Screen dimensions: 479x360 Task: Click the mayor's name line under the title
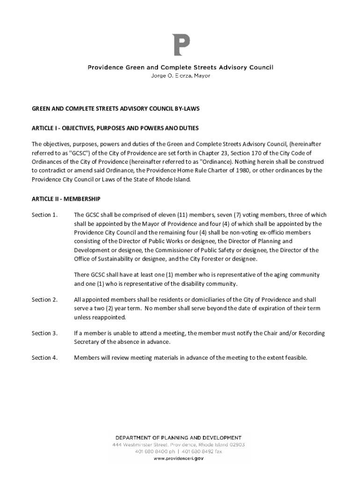pos(180,76)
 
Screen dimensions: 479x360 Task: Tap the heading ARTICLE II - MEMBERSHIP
pos(66,199)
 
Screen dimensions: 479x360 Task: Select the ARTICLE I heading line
pos(115,128)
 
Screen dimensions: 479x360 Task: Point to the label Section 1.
pos(44,215)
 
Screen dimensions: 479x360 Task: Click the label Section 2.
pos(44,299)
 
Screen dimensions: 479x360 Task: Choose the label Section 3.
pos(44,333)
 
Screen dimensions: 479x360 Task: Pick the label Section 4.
pos(44,358)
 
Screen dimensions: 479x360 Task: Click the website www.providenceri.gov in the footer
pos(179,459)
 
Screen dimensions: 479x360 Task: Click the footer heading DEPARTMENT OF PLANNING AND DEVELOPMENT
pos(179,438)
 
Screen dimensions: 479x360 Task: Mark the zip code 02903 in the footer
pos(235,445)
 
